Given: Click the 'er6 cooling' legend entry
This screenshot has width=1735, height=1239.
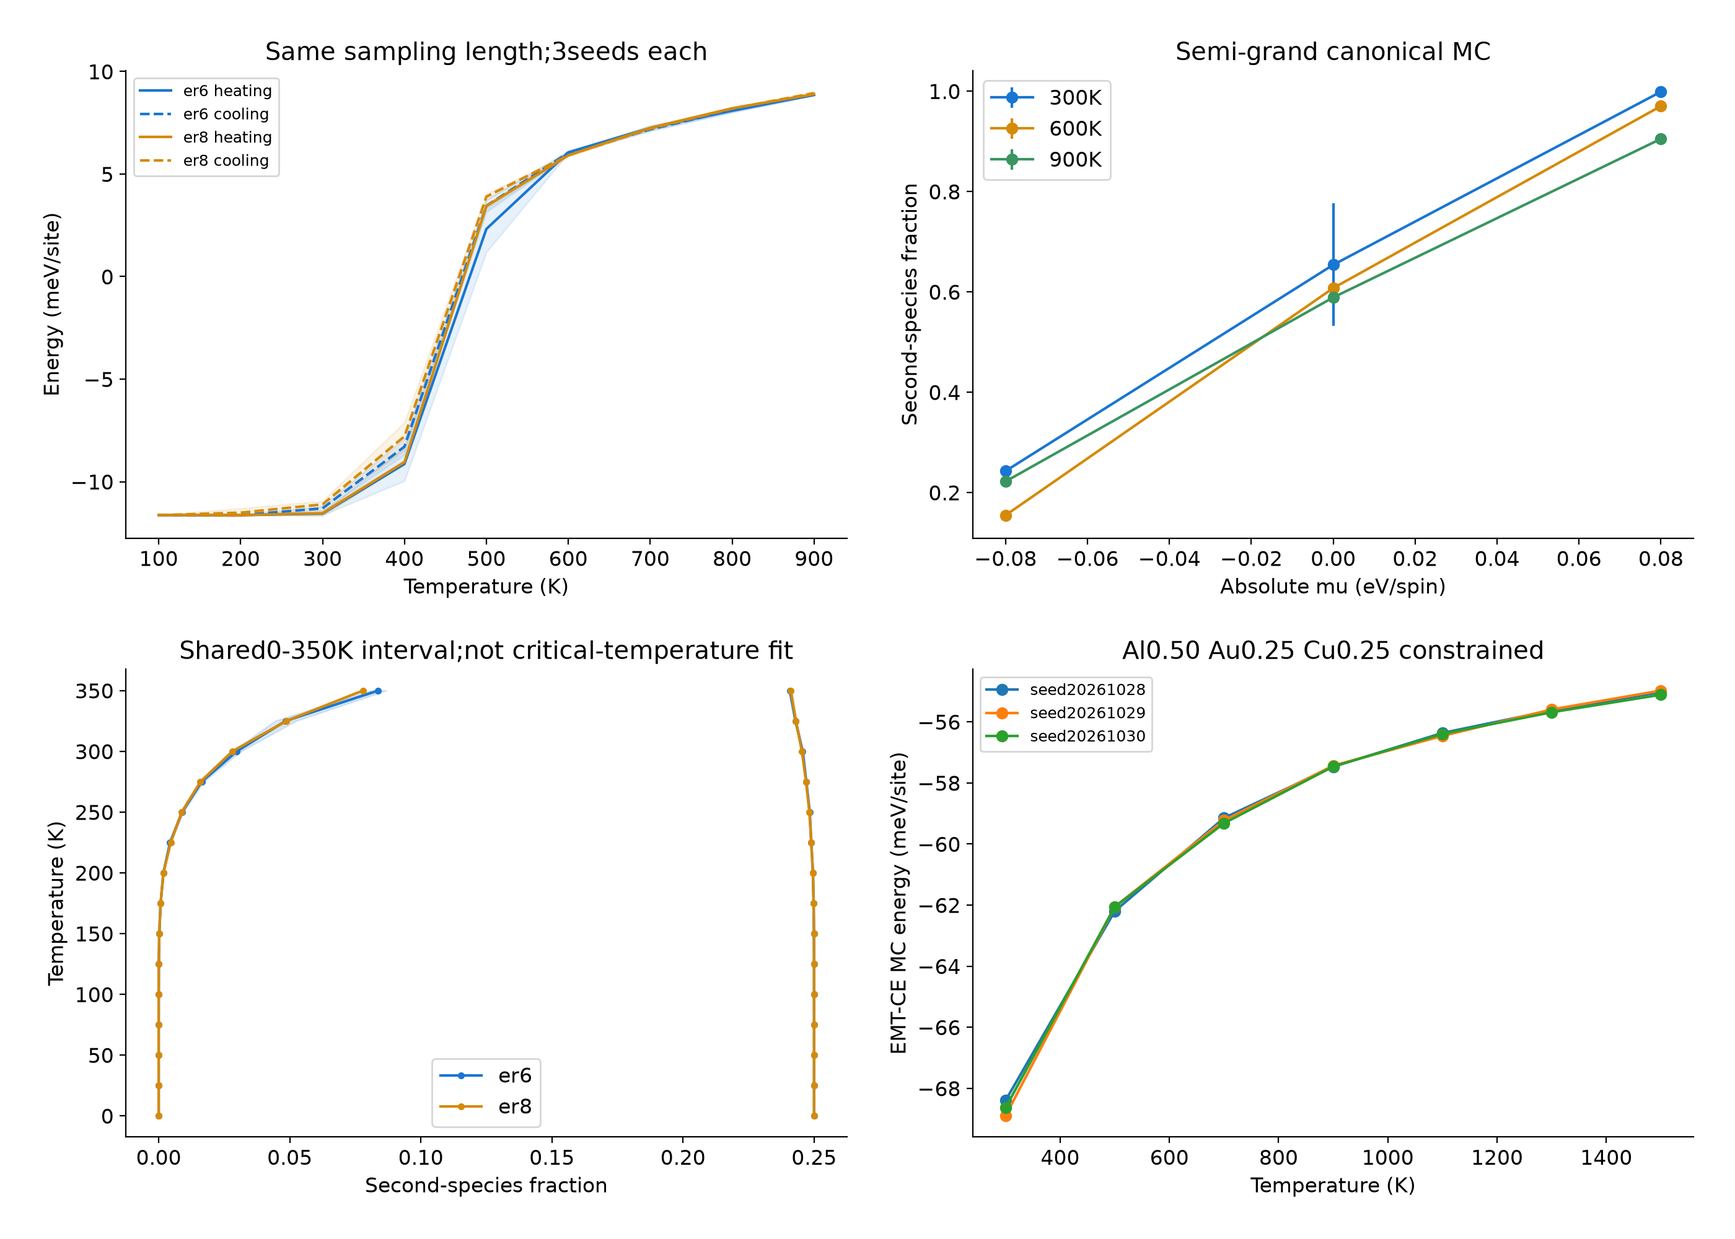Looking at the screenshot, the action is click(x=204, y=113).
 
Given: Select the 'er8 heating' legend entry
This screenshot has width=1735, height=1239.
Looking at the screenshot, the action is click(x=204, y=138).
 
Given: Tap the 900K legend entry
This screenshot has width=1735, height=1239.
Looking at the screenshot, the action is click(x=1046, y=159).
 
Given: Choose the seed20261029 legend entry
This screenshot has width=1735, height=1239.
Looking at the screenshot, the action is click(x=1066, y=712).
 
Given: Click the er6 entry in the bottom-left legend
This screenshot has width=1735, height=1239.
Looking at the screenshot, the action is click(x=485, y=1075).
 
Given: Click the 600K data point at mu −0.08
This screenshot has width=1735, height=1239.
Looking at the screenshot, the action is click(x=1006, y=516).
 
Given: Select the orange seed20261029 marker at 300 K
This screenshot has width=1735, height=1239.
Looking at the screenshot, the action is click(x=1006, y=1115).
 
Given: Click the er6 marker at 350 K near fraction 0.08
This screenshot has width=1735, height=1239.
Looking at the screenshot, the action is click(x=377, y=691).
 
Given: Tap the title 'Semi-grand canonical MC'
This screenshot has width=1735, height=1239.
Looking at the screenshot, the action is click(x=1332, y=51).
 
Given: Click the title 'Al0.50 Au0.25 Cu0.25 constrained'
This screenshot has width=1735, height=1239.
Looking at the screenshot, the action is click(x=1332, y=650).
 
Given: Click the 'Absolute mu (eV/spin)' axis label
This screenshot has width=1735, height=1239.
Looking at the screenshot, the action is click(x=1332, y=586).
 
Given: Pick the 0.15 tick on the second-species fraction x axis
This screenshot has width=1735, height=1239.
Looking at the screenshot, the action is click(x=551, y=1157).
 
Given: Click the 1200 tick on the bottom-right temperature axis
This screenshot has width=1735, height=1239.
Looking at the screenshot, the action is click(x=1496, y=1157).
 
